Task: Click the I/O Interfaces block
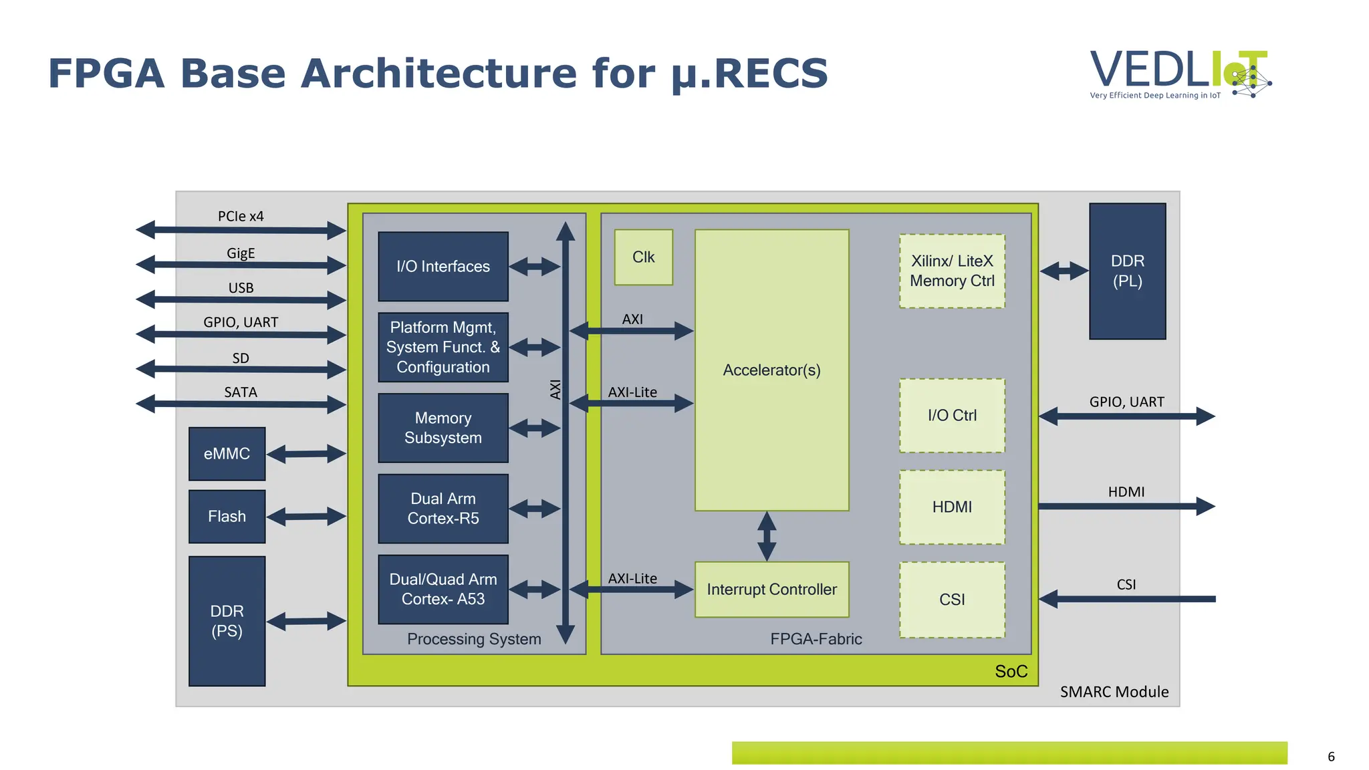tap(443, 266)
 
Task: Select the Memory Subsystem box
tap(443, 428)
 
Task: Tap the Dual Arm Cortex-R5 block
tap(443, 509)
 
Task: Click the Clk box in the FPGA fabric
tap(643, 257)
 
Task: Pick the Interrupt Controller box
tap(771, 590)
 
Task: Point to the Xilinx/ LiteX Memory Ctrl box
tap(952, 271)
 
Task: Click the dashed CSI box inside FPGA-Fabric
tap(952, 600)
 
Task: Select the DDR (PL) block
tap(1127, 271)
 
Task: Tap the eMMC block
tap(227, 454)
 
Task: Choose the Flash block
tap(227, 517)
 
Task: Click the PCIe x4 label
tap(241, 216)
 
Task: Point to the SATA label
tap(241, 392)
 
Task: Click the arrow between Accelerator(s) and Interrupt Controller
tap(767, 536)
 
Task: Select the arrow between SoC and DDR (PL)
tap(1064, 271)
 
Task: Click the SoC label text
tap(1011, 671)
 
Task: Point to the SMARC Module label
tap(1114, 692)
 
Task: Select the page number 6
tap(1331, 757)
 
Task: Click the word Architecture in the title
tap(439, 73)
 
